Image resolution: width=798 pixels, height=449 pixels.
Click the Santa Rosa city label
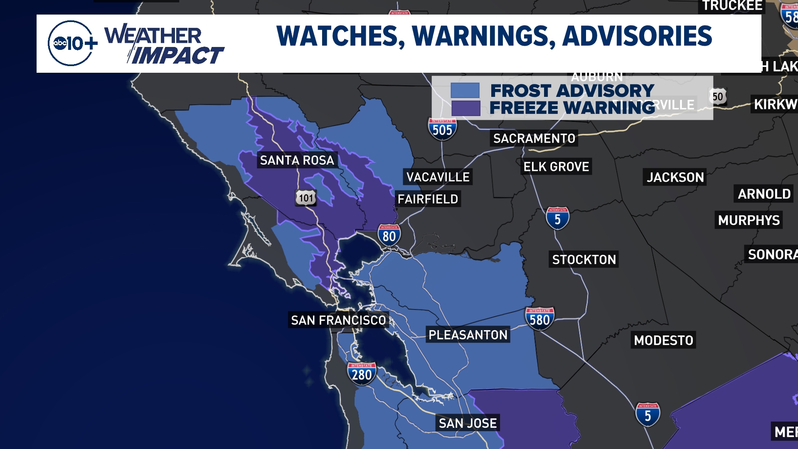[x=297, y=160]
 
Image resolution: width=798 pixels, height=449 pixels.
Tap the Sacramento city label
[x=534, y=138]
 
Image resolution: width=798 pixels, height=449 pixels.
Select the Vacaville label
[x=438, y=177]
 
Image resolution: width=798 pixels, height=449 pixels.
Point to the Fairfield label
[x=428, y=199]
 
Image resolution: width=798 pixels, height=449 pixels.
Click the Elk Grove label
[x=556, y=167]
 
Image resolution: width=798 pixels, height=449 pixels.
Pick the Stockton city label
[x=584, y=259]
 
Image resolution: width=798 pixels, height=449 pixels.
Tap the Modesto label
[x=663, y=340]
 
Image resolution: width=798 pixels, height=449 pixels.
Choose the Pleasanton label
[x=468, y=335]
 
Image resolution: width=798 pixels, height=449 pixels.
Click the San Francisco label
[x=338, y=320]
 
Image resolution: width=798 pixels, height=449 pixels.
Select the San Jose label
[x=468, y=423]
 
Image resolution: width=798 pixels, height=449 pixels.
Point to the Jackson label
[x=675, y=178]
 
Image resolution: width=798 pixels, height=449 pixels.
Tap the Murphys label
[x=749, y=220]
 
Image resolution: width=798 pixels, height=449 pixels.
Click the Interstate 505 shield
[x=442, y=129]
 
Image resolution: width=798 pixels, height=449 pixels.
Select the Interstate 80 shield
[x=389, y=235]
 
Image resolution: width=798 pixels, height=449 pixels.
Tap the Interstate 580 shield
[x=539, y=319]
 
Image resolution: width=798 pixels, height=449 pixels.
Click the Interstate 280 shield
[x=362, y=374]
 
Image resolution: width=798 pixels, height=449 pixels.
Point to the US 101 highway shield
[x=306, y=198]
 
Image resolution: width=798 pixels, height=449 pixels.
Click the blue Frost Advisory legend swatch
[x=465, y=90]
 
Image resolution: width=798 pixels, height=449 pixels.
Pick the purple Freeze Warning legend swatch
[x=465, y=108]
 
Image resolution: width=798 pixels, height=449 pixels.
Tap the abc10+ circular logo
[x=70, y=43]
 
